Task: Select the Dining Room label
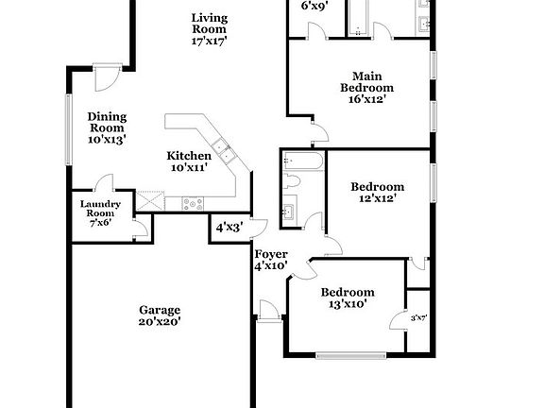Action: point(108,127)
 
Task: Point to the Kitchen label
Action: point(189,161)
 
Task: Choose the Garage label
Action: point(160,314)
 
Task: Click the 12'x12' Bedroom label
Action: point(378,193)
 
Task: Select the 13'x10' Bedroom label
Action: point(347,297)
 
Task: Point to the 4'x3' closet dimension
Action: point(229,228)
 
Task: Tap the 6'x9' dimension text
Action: point(314,6)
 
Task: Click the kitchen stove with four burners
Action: point(193,202)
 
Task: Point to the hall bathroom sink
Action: point(289,210)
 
